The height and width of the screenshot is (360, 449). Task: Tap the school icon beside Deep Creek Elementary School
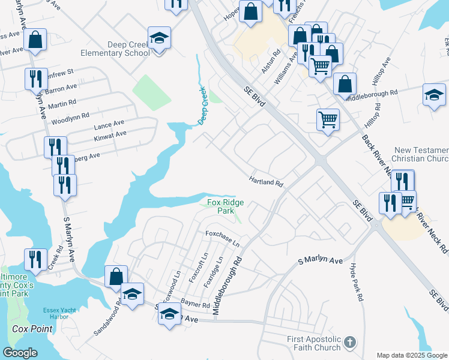click(159, 38)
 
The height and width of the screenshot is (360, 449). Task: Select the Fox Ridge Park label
click(225, 207)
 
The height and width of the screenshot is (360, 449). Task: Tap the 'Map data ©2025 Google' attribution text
click(412, 355)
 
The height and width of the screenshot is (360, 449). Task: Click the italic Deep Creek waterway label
click(203, 105)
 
